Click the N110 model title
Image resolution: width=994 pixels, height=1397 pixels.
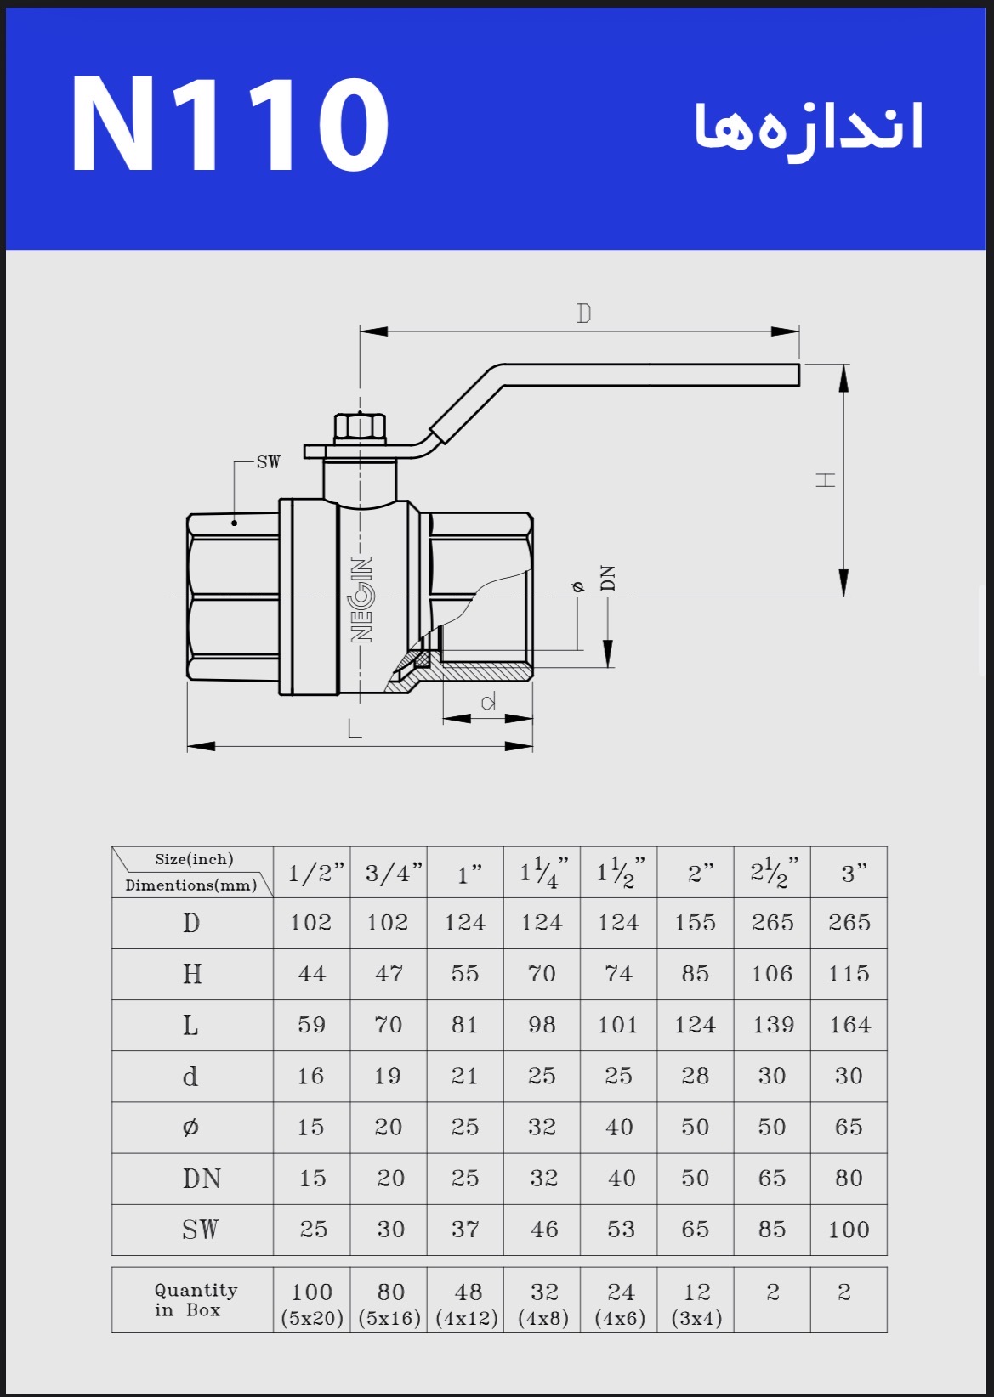pos(230,123)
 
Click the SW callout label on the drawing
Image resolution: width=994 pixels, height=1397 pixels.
pos(269,462)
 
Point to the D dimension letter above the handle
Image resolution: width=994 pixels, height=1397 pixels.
pos(584,313)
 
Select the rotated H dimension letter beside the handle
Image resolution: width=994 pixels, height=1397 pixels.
pos(825,479)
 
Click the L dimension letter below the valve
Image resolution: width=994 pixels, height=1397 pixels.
pos(355,727)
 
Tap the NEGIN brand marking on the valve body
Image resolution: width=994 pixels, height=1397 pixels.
pos(361,599)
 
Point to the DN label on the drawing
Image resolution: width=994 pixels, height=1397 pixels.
pos(608,578)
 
